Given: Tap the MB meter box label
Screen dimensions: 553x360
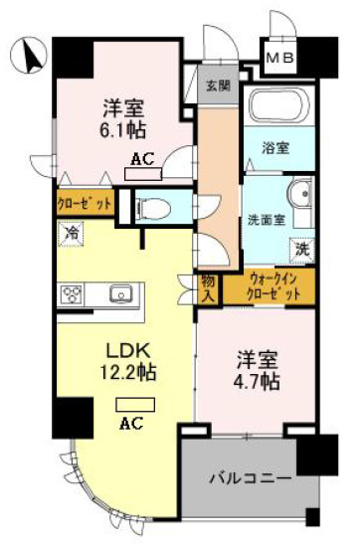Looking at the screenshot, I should [278, 59].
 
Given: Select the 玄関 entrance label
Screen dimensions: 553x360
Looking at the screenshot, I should [219, 86].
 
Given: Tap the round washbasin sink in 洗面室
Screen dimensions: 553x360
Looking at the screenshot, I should [300, 193].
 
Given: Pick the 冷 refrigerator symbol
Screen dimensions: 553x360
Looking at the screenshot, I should [72, 234].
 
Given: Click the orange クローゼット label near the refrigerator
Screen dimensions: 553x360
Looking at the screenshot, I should [84, 203].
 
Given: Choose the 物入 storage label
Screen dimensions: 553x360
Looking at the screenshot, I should [210, 288].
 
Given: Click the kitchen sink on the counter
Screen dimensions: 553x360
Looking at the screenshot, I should [120, 293].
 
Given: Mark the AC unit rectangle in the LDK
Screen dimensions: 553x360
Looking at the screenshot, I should [133, 406].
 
